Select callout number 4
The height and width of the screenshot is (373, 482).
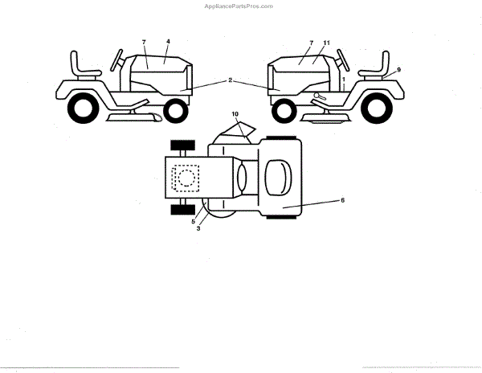click(168, 41)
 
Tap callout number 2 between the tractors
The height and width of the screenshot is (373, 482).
click(231, 80)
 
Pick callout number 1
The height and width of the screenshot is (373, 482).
click(343, 81)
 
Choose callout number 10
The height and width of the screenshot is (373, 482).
click(235, 115)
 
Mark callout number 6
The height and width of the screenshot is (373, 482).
click(343, 199)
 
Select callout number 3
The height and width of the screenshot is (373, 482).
click(198, 228)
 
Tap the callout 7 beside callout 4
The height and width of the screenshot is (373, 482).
click(144, 41)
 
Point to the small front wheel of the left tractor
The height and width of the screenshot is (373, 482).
click(174, 110)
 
